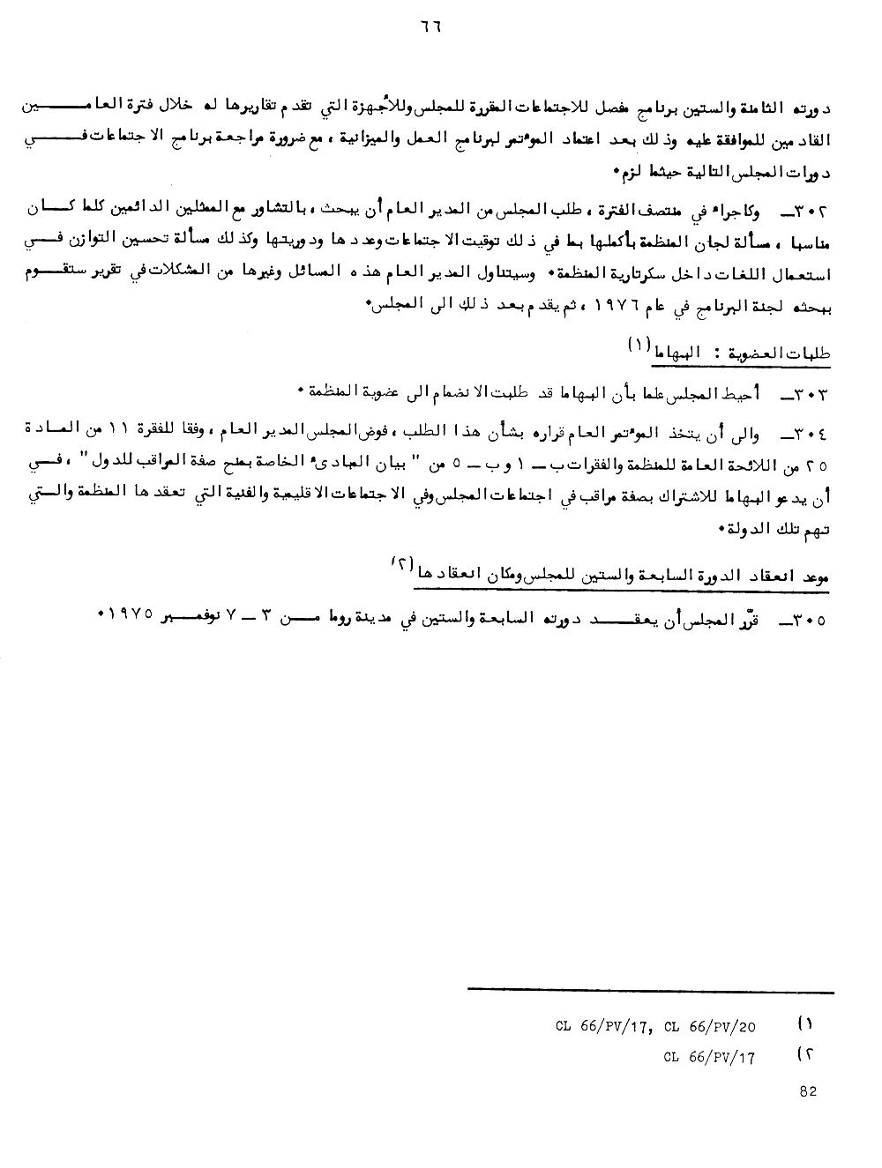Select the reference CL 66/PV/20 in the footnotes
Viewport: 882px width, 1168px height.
coord(714,1027)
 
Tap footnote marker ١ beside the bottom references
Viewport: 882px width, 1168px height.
coord(804,1024)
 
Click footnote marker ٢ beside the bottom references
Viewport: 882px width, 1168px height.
coord(804,1053)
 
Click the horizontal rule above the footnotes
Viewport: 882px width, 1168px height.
coord(650,989)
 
